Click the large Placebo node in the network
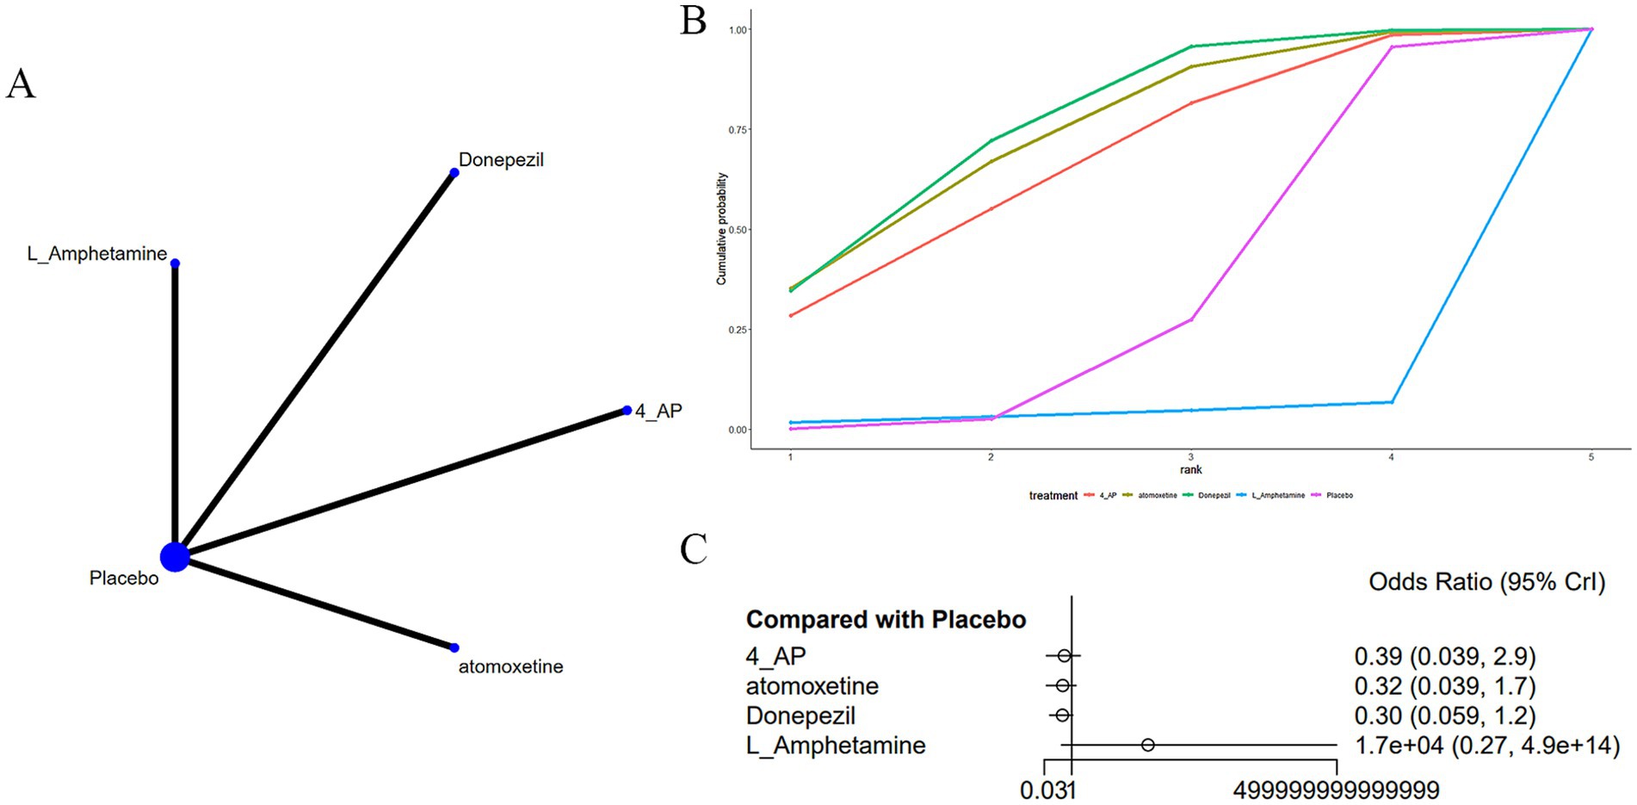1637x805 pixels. (175, 557)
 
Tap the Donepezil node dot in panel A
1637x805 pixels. (454, 173)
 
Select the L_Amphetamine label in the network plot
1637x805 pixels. (97, 254)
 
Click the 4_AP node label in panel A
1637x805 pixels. (658, 412)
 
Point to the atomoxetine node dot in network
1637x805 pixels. (454, 647)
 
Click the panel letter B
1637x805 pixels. (693, 22)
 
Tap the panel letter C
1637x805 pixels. (693, 549)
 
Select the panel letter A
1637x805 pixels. (21, 84)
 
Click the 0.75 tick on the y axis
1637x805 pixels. (738, 130)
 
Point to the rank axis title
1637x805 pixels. (1190, 470)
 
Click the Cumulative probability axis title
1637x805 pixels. (721, 229)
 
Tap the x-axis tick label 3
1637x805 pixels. (1190, 457)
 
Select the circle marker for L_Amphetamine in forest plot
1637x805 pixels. (1148, 745)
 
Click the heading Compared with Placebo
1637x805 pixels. (886, 620)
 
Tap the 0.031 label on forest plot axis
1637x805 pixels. (1047, 790)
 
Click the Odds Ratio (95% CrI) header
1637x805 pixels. (1486, 582)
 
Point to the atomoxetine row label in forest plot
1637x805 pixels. (812, 686)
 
